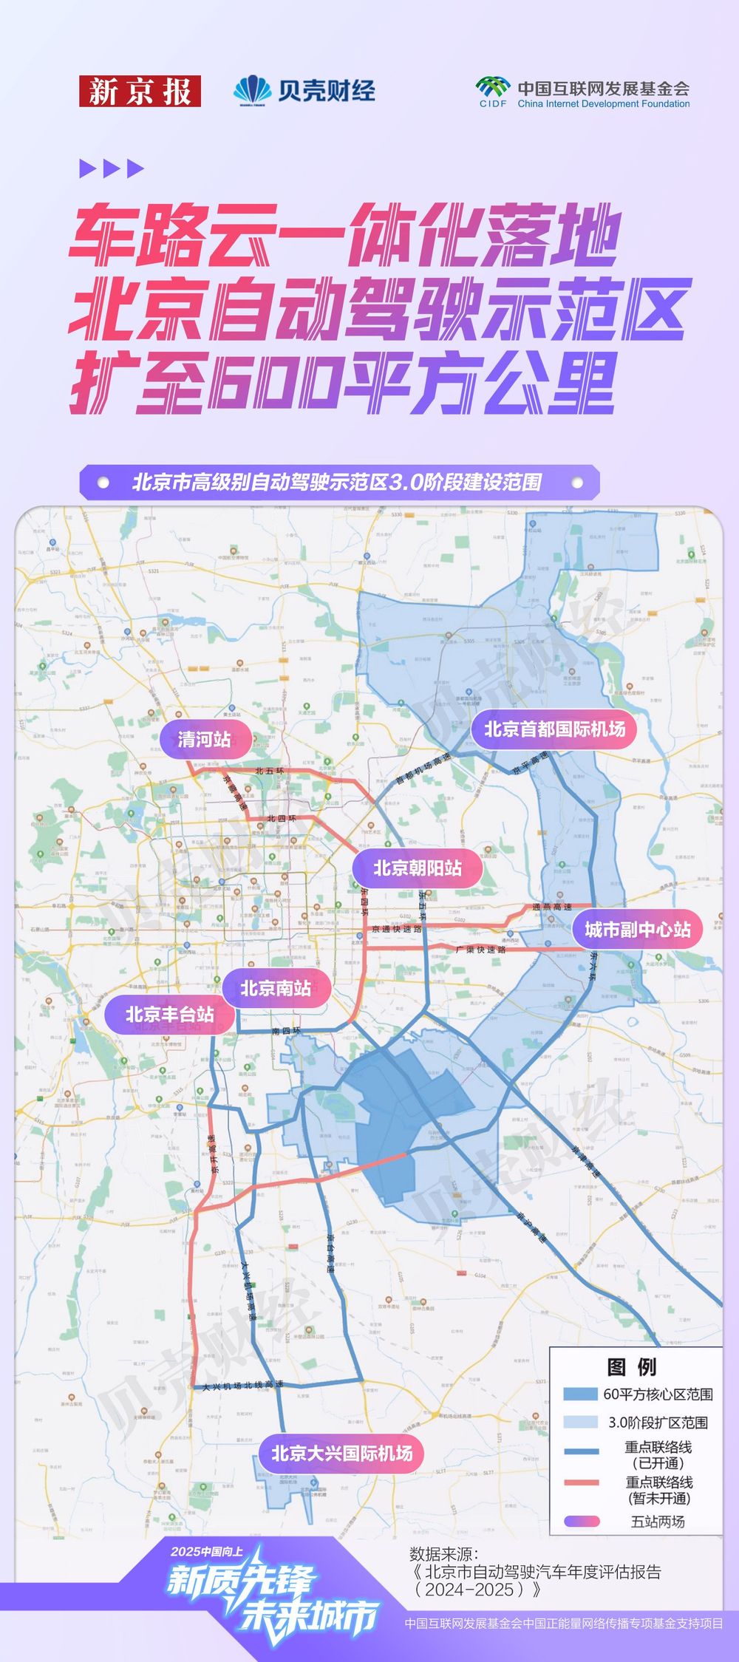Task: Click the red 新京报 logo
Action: click(140, 92)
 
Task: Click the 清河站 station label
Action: click(205, 739)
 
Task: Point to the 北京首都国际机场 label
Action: click(554, 729)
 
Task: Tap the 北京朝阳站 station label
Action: click(418, 868)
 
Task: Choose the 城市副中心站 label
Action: click(638, 930)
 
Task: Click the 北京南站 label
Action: click(276, 989)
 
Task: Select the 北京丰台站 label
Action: click(170, 1015)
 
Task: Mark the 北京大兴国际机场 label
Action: click(342, 1454)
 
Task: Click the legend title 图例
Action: click(631, 1367)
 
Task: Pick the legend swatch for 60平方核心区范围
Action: click(580, 1394)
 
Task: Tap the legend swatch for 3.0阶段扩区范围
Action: click(580, 1422)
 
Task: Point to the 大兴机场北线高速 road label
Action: click(242, 1386)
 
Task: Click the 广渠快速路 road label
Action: click(480, 950)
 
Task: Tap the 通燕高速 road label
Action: click(552, 907)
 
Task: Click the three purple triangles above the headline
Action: click(112, 168)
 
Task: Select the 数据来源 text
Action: click(444, 1553)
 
